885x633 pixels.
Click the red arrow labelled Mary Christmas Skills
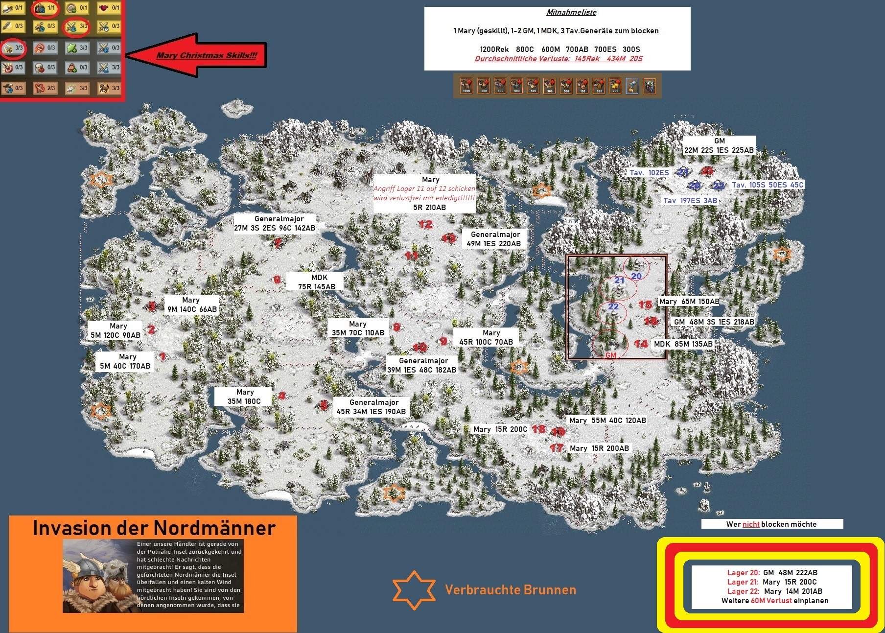pyautogui.click(x=196, y=55)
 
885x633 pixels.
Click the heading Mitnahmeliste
pyautogui.click(x=571, y=12)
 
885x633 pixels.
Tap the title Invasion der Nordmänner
pyautogui.click(x=154, y=528)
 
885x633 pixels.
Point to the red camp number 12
pyautogui.click(x=425, y=224)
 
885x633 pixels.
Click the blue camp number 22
pyautogui.click(x=613, y=307)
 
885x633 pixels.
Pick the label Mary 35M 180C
pyautogui.click(x=244, y=397)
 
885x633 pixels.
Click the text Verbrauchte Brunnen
pyautogui.click(x=510, y=590)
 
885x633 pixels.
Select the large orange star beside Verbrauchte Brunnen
pyautogui.click(x=414, y=590)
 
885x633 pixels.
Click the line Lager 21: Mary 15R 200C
pyautogui.click(x=771, y=582)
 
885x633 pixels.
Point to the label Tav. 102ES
pyautogui.click(x=649, y=173)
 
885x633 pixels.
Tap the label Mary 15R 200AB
pyautogui.click(x=599, y=448)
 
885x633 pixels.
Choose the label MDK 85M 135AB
pyautogui.click(x=683, y=344)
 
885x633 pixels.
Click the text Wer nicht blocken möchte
pyautogui.click(x=771, y=524)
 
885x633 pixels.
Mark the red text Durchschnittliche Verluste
pyautogui.click(x=558, y=59)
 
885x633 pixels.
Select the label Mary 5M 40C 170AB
pyautogui.click(x=125, y=361)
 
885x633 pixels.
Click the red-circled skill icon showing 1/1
pyautogui.click(x=45, y=8)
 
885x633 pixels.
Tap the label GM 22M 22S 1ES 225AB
pyautogui.click(x=719, y=145)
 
